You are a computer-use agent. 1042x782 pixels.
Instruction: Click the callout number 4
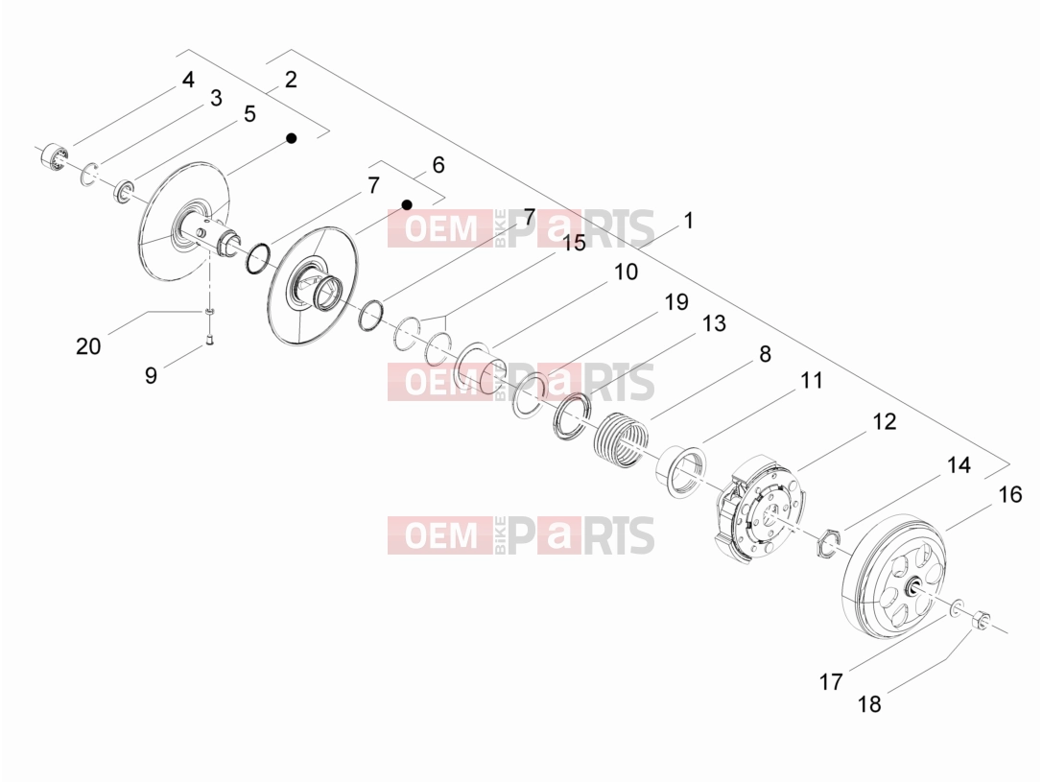[188, 80]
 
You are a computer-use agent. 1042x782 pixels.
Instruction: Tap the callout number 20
[88, 345]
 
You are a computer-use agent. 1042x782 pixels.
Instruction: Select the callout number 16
[1010, 494]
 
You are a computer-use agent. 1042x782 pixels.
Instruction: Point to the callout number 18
[869, 703]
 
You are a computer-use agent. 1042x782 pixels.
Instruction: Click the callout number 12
[884, 421]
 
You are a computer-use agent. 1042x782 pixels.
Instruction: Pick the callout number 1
[689, 220]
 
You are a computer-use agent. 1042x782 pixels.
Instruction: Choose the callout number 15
[574, 243]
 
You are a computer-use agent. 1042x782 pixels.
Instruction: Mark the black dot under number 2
[291, 137]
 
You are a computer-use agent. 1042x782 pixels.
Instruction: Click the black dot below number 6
[407, 204]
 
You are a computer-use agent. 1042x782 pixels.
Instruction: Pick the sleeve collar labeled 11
[680, 470]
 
